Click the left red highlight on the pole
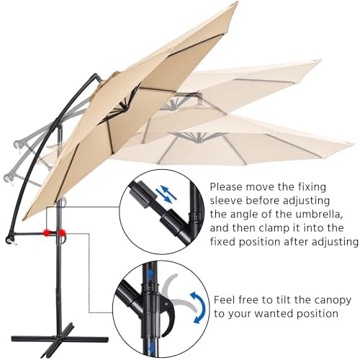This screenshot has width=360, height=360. (x=47, y=233)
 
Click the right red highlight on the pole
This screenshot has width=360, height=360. (x=63, y=233)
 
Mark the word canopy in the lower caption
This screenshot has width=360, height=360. (x=333, y=298)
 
